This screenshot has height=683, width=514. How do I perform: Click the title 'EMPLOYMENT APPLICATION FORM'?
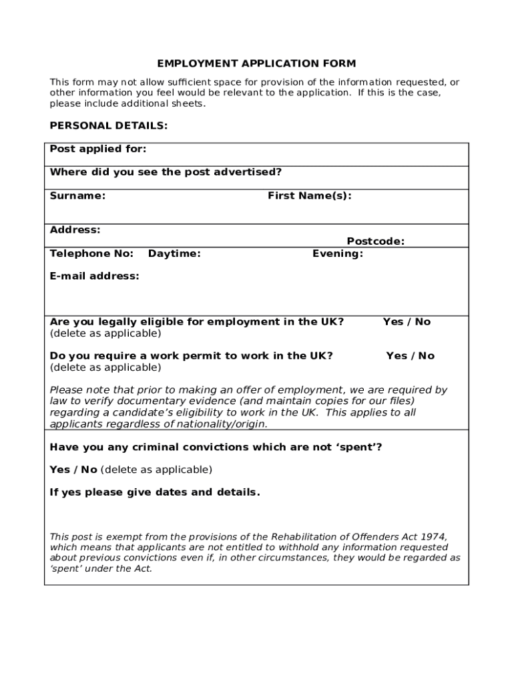tap(256, 64)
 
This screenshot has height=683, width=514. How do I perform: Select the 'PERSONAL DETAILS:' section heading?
tap(109, 125)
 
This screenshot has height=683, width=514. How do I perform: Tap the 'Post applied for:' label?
tap(98, 149)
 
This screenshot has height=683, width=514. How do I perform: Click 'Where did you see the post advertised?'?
tap(166, 172)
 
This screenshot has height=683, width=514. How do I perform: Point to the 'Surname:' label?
tap(77, 195)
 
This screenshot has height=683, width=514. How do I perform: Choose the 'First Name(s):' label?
tap(309, 195)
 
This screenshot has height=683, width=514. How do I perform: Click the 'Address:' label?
tap(75, 230)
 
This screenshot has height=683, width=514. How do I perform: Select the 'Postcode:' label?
tap(375, 241)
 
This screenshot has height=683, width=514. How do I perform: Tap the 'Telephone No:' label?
tap(91, 253)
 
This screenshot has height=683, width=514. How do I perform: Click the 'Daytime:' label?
tap(174, 253)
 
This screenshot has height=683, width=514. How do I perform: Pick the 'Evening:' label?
tap(338, 253)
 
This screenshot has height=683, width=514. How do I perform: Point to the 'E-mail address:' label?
tap(95, 276)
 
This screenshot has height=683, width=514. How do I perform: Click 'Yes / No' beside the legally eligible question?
tap(407, 321)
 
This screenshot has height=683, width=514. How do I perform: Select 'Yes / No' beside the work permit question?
tap(410, 356)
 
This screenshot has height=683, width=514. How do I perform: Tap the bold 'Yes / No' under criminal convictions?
tap(73, 470)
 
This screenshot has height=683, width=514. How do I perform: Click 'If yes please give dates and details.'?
tap(155, 492)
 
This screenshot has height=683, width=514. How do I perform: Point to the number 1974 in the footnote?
tap(434, 537)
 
